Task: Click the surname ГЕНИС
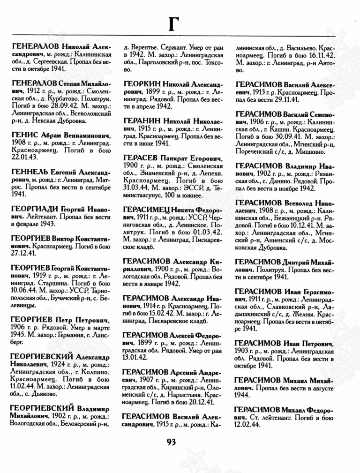(23, 134)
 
